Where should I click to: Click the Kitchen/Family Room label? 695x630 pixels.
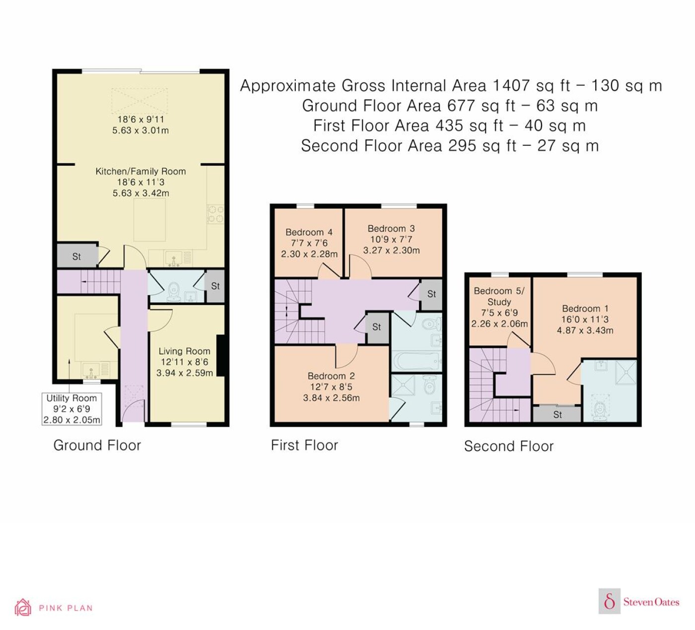point(140,171)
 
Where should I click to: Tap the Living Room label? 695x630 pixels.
point(184,351)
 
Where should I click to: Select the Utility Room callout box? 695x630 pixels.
point(71,409)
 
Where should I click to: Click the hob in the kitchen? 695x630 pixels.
point(215,214)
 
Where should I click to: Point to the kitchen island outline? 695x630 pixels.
point(149,220)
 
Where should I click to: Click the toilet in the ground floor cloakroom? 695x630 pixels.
point(173,292)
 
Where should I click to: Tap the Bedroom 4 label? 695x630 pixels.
point(309,232)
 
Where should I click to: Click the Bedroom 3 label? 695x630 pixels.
point(391,229)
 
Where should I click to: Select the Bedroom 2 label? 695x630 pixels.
point(331,376)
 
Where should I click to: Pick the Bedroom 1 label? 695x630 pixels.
point(585,308)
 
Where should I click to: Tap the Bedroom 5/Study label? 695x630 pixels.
point(499,296)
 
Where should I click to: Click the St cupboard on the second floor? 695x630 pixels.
point(557,414)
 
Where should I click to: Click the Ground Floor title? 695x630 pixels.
point(97,445)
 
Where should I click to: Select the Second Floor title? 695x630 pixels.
point(509,446)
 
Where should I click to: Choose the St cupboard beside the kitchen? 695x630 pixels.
point(77,256)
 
